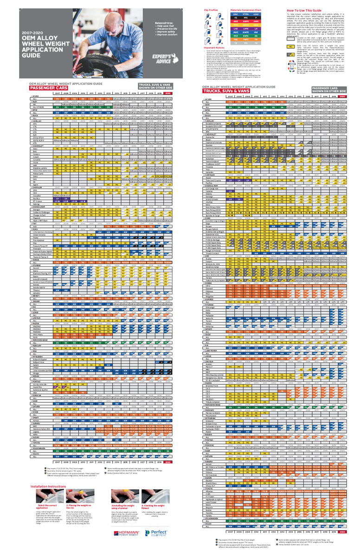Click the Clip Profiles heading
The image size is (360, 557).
point(211,10)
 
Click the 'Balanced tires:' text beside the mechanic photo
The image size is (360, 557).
point(163,23)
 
